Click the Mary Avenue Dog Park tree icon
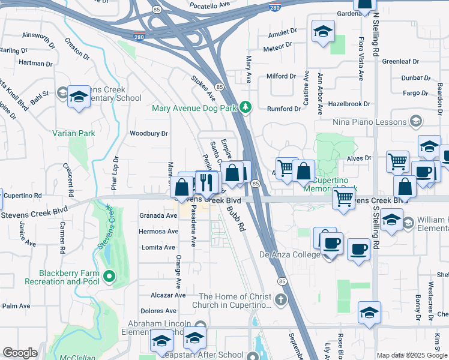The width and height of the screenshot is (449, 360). tap(245, 108)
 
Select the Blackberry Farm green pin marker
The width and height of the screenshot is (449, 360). tap(109, 277)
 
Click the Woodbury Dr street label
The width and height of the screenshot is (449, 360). tap(149, 133)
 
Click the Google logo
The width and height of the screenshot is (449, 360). tap(20, 353)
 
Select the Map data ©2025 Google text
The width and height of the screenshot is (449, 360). tap(412, 355)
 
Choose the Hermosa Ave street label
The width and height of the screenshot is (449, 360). tap(158, 232)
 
